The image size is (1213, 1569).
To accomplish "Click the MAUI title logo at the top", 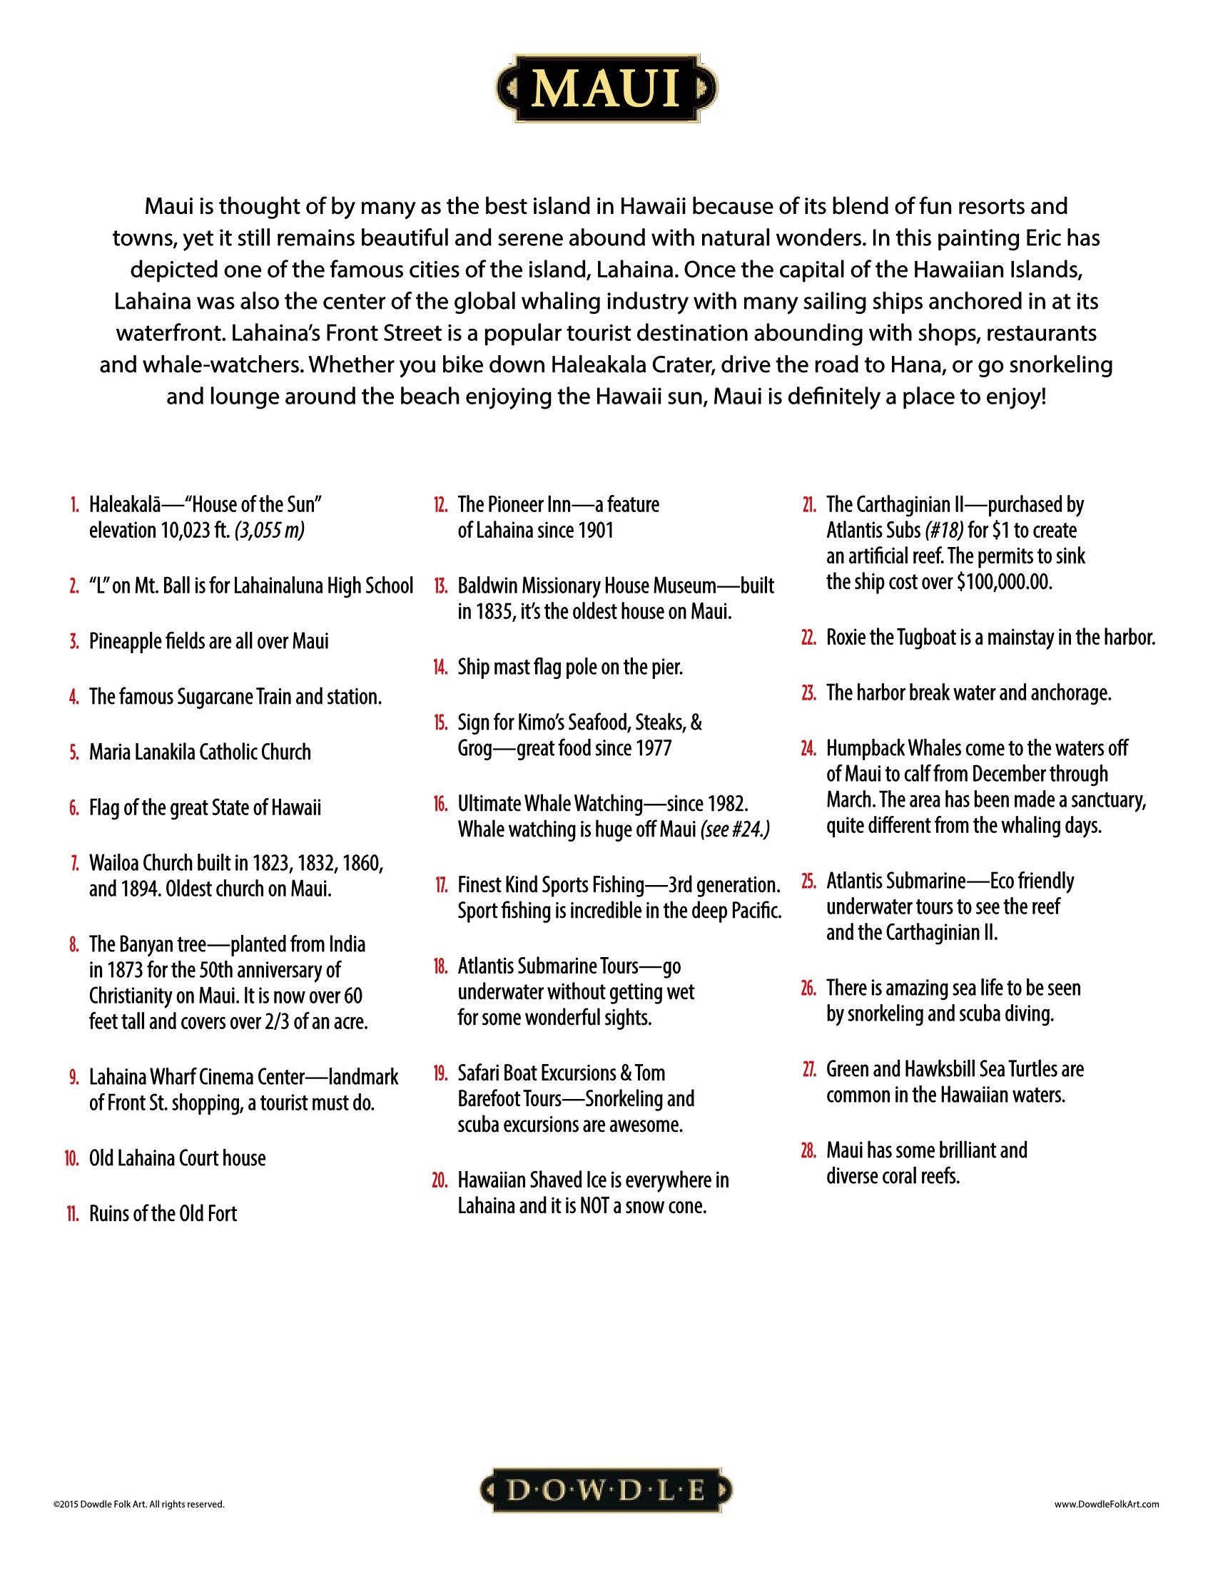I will click(606, 88).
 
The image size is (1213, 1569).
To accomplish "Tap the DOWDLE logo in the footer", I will click(606, 1491).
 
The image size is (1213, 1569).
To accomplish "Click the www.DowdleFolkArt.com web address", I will click(1107, 1503).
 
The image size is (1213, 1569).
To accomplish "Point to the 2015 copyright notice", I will click(138, 1503).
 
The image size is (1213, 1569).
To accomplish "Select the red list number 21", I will click(808, 505).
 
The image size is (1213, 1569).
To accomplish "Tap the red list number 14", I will click(440, 668).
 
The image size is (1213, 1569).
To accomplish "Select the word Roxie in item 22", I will click(845, 637).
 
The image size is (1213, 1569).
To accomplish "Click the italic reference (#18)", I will click(934, 531).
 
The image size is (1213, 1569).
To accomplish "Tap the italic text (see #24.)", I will click(735, 829).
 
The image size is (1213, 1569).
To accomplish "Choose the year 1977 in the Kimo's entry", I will click(651, 748).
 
